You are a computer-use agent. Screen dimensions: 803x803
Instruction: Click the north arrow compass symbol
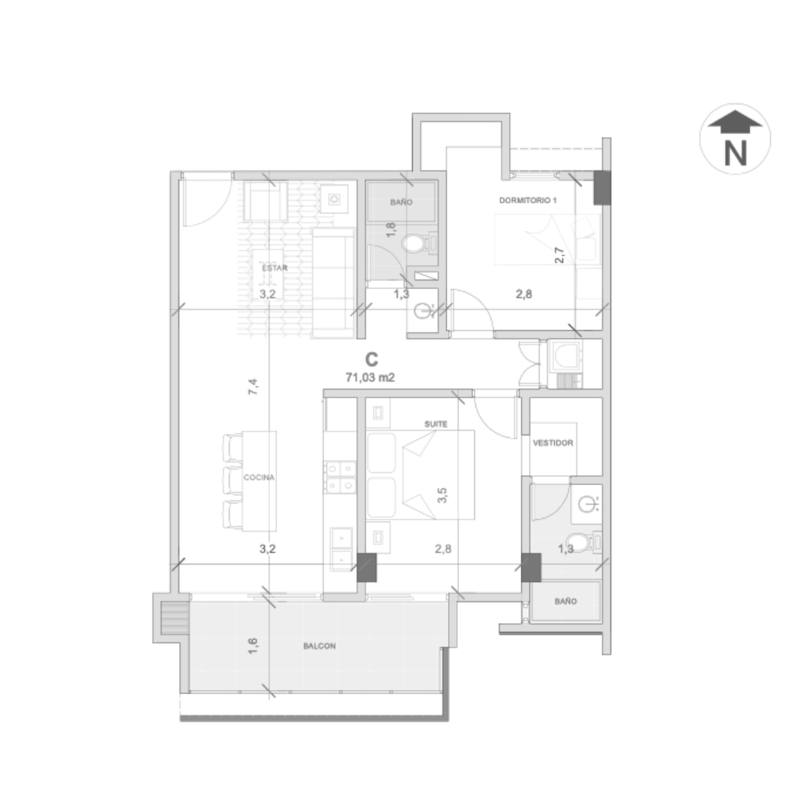(735, 139)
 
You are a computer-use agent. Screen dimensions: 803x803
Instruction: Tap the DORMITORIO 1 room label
(528, 200)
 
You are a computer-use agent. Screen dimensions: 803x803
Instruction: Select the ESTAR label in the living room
(275, 268)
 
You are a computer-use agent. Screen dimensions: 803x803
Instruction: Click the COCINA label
(259, 477)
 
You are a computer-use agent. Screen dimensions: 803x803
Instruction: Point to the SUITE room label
(436, 424)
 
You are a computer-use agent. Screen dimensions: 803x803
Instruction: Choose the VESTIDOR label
(552, 443)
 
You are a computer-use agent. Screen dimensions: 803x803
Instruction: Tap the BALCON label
(320, 646)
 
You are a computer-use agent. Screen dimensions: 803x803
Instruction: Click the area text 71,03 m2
(370, 377)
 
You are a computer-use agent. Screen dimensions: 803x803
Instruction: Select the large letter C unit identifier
(372, 360)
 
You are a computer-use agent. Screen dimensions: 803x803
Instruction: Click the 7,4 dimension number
(253, 387)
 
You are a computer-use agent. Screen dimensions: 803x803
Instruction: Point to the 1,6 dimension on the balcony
(252, 646)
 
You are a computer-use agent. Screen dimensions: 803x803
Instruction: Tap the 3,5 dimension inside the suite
(442, 495)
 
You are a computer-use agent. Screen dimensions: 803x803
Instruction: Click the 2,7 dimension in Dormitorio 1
(559, 255)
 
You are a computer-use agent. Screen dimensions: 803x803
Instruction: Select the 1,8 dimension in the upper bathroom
(390, 229)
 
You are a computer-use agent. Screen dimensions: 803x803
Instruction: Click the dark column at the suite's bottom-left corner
(367, 568)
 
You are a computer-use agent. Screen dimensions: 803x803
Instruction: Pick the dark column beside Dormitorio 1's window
(602, 188)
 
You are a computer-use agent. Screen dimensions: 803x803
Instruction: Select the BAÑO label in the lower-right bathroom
(565, 601)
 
